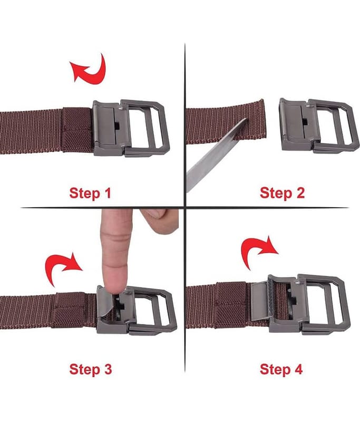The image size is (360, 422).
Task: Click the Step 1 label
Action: point(90,193)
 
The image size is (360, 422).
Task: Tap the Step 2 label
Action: point(283,193)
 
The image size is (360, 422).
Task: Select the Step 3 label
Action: point(90,369)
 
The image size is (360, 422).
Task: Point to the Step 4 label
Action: point(281,369)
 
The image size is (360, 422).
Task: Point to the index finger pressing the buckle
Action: point(116,250)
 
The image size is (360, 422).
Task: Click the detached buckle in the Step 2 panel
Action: point(315,126)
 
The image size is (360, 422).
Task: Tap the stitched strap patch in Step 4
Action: point(231,305)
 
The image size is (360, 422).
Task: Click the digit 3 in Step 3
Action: point(108,369)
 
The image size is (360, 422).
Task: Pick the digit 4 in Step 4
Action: point(298,369)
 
